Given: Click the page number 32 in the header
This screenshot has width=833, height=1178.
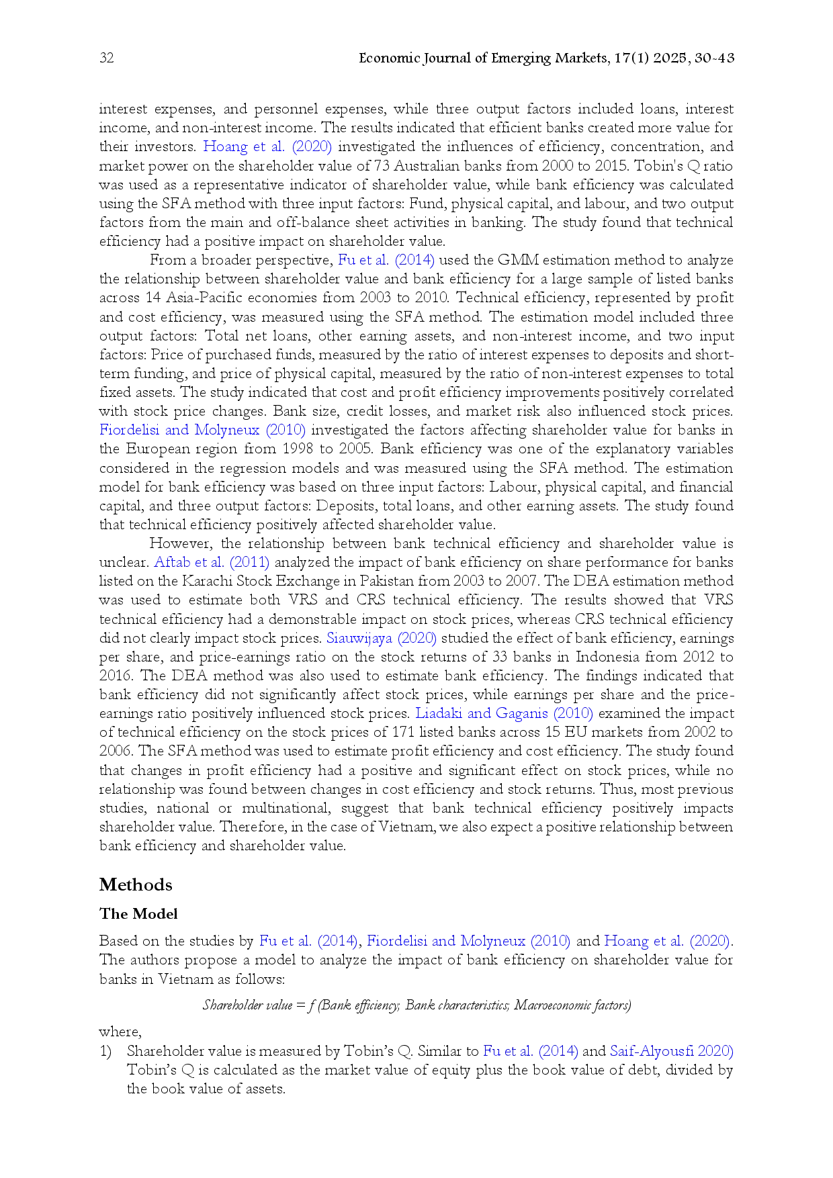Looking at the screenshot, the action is pos(107,58).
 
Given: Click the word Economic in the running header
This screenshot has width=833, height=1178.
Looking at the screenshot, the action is pos(389,58).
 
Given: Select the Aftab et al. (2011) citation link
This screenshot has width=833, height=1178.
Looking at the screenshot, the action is pos(212,562).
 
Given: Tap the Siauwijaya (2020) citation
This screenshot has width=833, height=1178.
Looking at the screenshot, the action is pos(382,638).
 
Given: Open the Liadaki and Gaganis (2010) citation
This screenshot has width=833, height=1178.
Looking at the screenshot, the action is pos(504,713).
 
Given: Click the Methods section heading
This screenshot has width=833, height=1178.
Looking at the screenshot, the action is pos(136,885).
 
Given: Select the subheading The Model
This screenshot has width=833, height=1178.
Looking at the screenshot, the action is pos(138,914).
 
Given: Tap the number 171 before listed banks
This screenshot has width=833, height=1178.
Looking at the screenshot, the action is pos(422,732).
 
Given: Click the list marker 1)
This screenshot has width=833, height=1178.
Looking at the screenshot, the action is pos(105,1051).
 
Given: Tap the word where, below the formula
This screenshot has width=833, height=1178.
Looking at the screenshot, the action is pos(120,1032).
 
